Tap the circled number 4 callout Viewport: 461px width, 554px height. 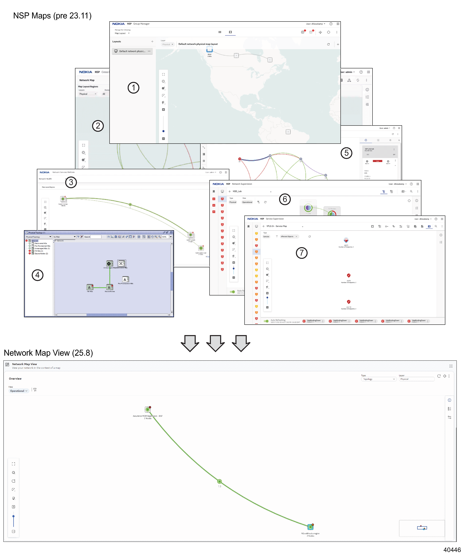coord(38,275)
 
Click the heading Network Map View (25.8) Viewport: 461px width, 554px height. coord(48,353)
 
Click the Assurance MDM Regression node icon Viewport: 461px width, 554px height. coord(148,409)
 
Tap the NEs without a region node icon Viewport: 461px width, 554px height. coord(310,527)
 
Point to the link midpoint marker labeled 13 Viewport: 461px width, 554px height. coord(219,481)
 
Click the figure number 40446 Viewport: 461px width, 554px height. coord(452,549)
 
